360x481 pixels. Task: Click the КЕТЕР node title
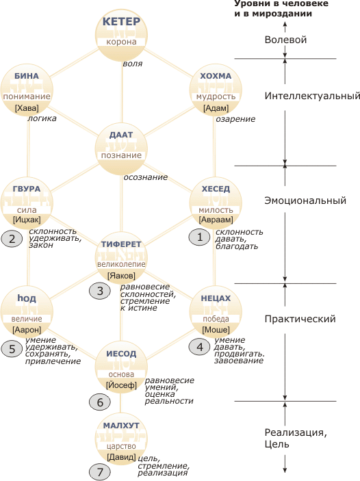121,21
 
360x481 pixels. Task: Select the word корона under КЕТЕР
121,42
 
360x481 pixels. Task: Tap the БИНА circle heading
27,76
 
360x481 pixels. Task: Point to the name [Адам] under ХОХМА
216,108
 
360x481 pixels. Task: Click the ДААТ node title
121,135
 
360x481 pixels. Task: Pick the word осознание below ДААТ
146,177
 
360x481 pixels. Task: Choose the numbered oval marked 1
199,237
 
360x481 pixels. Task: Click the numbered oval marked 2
12,239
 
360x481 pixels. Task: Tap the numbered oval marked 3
100,291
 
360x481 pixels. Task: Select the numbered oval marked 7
100,472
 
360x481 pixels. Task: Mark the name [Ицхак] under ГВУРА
27,220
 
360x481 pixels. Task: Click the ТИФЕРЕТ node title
121,244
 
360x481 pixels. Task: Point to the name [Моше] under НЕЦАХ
216,330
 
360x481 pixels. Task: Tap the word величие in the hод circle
27,319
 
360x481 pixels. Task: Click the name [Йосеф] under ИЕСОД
121,385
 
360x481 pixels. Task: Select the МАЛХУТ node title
121,426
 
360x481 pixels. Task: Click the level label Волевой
285,40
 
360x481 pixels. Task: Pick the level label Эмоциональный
305,200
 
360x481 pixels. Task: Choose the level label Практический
300,319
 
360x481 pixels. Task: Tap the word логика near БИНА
42,118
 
